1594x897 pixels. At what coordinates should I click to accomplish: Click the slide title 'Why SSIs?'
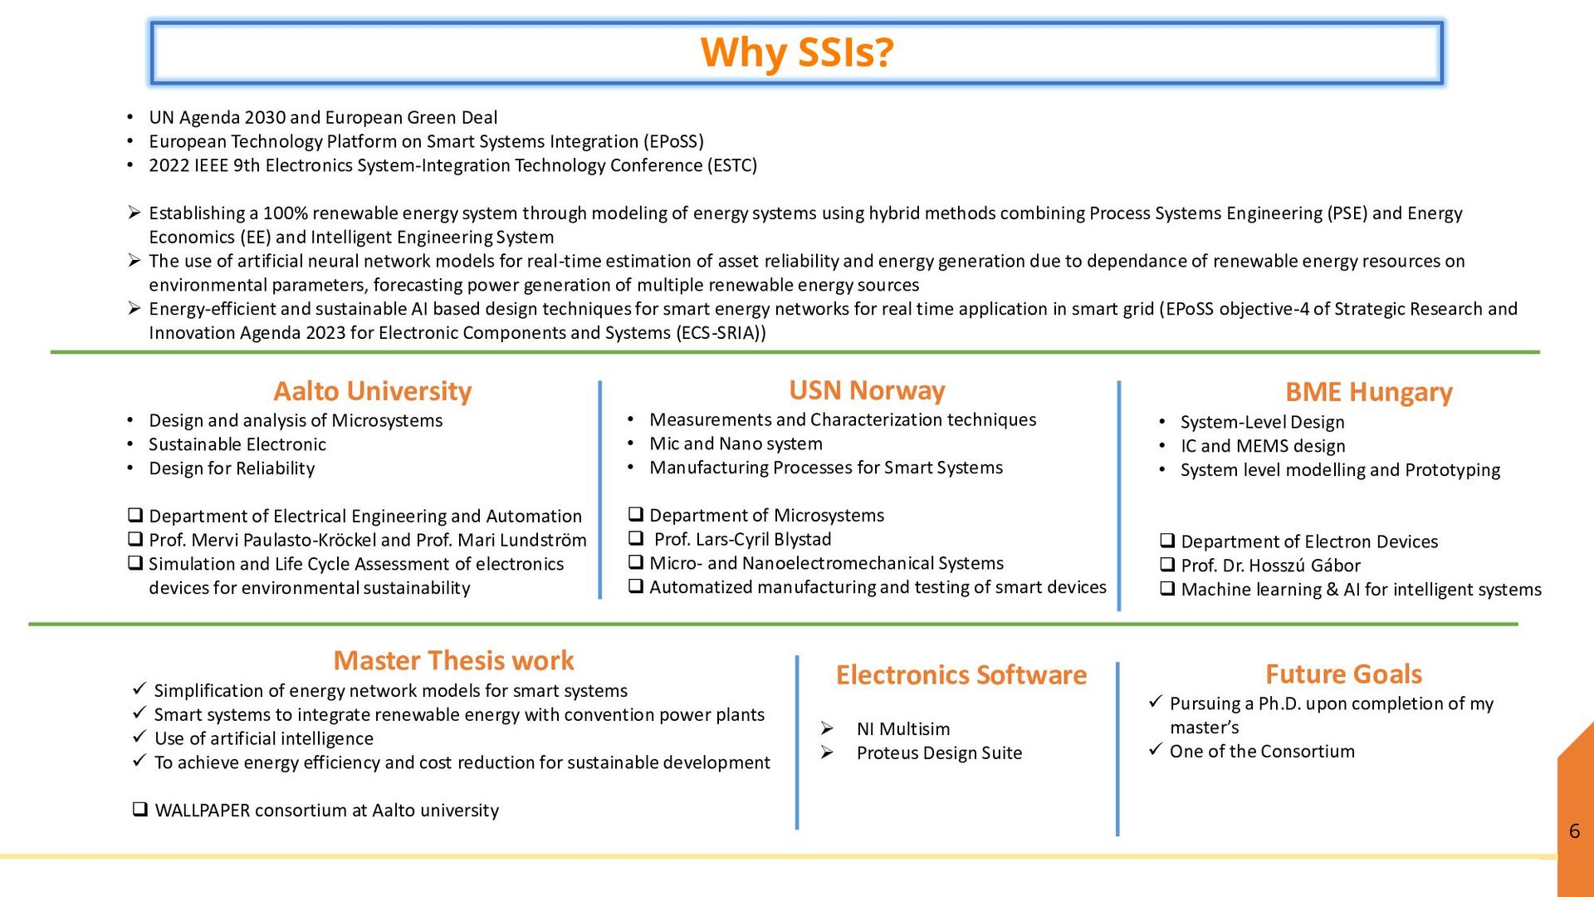point(797,52)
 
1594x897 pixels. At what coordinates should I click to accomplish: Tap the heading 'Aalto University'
point(373,390)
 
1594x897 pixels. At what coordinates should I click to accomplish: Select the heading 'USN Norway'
point(867,390)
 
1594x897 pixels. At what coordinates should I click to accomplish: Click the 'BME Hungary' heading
point(1368,391)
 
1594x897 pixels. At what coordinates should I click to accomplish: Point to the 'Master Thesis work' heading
point(453,660)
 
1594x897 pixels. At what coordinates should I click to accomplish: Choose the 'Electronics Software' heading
point(961,674)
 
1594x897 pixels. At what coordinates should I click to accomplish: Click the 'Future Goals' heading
point(1343,674)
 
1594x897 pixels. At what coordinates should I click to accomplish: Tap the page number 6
point(1574,831)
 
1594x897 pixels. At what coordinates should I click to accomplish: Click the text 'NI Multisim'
point(903,729)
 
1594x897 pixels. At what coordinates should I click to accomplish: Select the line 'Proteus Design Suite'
point(939,753)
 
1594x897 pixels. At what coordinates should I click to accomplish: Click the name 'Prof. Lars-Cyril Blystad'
point(742,540)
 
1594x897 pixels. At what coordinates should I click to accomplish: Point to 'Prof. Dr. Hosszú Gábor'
point(1270,566)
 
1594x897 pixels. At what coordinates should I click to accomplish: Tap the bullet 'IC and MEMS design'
point(1263,446)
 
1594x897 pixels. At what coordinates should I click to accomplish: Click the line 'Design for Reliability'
point(232,468)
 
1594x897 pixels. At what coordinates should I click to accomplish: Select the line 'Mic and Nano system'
point(736,444)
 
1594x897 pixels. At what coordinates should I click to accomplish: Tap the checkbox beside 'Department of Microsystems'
point(636,515)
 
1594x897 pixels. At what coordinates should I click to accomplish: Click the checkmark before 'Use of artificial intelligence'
point(139,738)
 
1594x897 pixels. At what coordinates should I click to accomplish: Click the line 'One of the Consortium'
point(1262,752)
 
